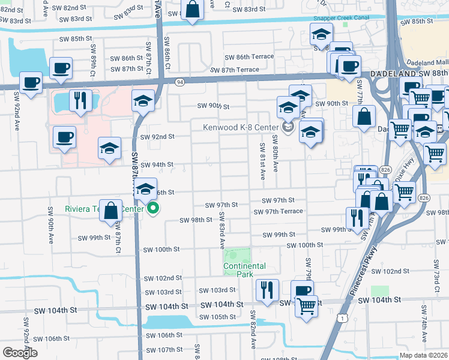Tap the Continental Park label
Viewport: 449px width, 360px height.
coord(244,270)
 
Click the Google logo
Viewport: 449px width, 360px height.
coord(20,352)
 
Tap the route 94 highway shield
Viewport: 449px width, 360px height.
coord(179,81)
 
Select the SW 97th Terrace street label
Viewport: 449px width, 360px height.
coord(278,212)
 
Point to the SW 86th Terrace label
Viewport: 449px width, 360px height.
coord(249,57)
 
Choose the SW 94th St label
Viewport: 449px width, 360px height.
coord(157,164)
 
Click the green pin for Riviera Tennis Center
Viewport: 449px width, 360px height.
coord(153,209)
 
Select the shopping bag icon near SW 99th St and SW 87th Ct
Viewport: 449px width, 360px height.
coord(112,210)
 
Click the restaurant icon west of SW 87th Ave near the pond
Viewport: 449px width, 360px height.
coord(80,100)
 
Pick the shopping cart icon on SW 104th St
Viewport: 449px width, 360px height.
coord(307,305)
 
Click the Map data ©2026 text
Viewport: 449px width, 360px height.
coord(423,355)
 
